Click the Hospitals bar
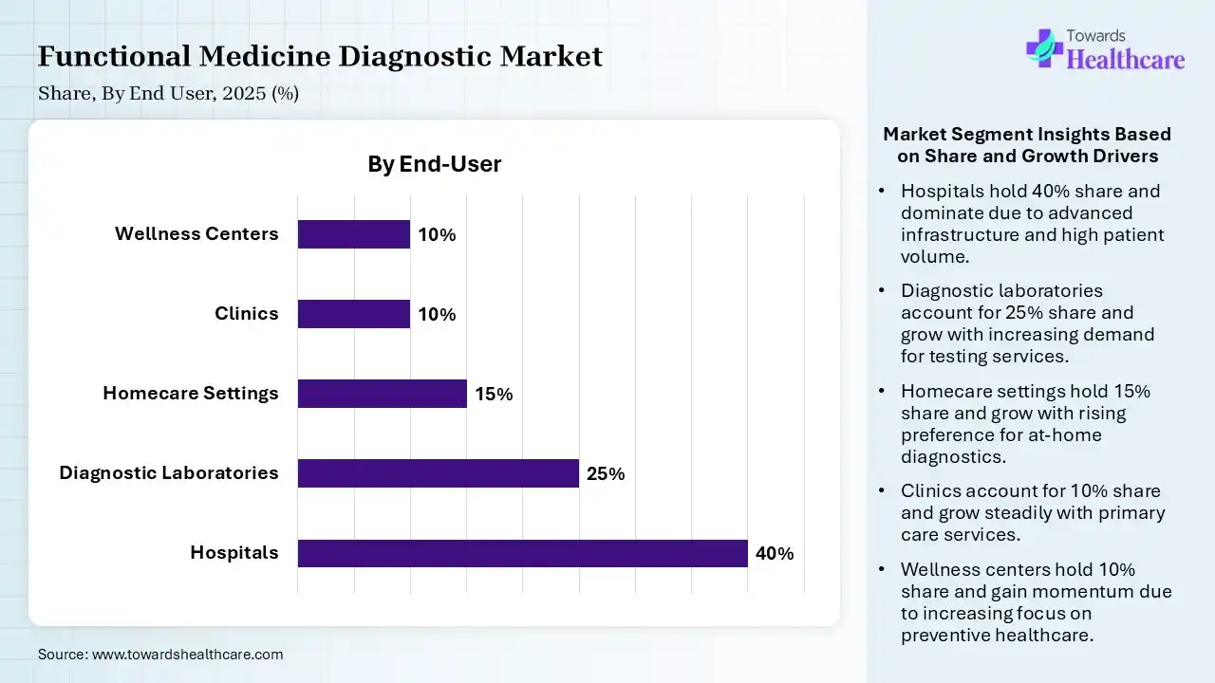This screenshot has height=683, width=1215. (522, 553)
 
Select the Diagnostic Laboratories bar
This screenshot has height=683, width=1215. (438, 473)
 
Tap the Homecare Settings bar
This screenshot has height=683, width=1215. (382, 394)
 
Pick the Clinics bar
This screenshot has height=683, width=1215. (353, 314)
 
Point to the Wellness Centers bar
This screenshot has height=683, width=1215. (353, 234)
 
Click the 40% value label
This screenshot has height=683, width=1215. (775, 554)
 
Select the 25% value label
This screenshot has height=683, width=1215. (606, 474)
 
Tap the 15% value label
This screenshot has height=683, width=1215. (494, 395)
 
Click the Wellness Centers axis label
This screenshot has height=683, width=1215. (196, 233)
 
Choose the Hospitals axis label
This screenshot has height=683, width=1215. (234, 552)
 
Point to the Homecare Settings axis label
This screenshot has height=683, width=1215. (191, 393)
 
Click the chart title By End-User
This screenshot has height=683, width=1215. (434, 164)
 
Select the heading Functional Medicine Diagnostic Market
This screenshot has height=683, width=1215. (320, 57)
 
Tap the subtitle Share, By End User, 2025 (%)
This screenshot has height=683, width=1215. (168, 94)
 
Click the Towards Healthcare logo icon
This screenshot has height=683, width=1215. (1044, 47)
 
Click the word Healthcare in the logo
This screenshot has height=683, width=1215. (1126, 61)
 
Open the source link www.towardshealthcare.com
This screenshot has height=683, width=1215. (186, 654)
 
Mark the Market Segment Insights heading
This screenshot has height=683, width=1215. (1026, 145)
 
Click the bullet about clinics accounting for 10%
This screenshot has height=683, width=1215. (1032, 513)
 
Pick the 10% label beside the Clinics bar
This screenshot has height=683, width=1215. (437, 315)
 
